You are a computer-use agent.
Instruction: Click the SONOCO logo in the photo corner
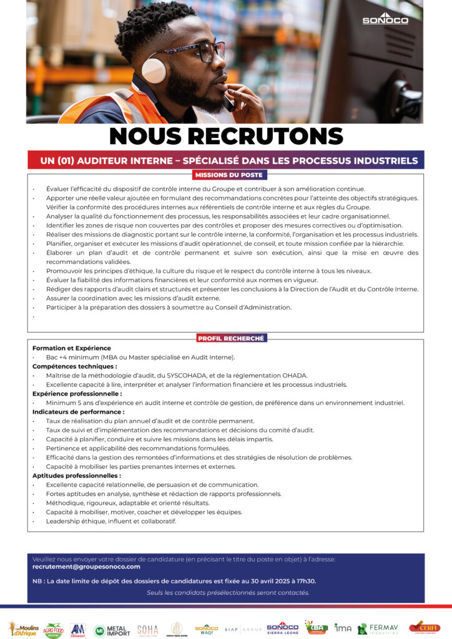tap(385, 19)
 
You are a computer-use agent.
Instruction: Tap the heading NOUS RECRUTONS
tap(226, 136)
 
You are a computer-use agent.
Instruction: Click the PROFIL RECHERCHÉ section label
tap(231, 338)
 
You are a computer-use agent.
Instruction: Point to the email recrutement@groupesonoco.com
tap(86, 567)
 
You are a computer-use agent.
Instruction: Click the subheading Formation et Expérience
tap(72, 348)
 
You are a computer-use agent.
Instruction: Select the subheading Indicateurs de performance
tap(78, 412)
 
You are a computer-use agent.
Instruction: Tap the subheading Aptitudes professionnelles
tap(76, 476)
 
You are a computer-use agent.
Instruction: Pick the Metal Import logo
tap(112, 630)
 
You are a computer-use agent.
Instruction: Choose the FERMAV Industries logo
tap(379, 628)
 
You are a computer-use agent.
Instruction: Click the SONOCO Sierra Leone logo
tap(282, 628)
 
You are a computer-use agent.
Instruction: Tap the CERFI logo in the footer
tap(425, 627)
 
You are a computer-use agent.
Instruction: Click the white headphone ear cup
tap(153, 70)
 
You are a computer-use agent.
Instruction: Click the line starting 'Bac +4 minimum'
tap(140, 357)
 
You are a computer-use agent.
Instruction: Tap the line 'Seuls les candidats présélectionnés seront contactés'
tap(228, 592)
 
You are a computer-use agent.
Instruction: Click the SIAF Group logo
tap(243, 629)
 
